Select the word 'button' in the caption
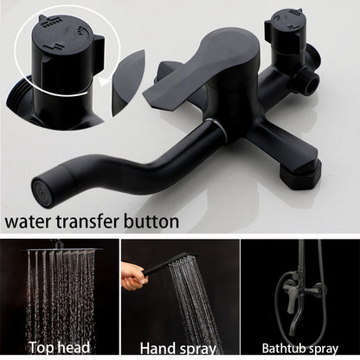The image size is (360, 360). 151,222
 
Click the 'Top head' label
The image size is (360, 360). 58,349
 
